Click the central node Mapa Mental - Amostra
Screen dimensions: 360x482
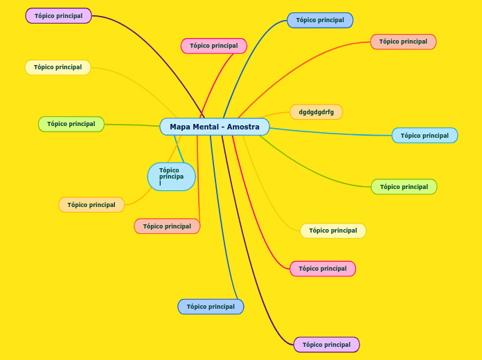click(214, 127)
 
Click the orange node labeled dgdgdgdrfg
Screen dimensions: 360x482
click(316, 111)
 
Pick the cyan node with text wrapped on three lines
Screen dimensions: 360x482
click(171, 177)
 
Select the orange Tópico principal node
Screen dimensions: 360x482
click(91, 204)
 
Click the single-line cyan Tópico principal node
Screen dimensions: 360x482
click(424, 135)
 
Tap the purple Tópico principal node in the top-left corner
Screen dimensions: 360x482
click(58, 15)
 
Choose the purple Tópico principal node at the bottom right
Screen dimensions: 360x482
click(326, 344)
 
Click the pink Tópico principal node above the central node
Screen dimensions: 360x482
click(213, 46)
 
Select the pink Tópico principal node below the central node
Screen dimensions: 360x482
click(322, 268)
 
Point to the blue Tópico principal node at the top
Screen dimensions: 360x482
click(319, 20)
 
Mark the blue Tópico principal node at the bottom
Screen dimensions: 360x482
click(211, 306)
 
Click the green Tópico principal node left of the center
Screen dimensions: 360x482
click(71, 124)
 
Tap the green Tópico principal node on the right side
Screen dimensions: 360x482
click(404, 186)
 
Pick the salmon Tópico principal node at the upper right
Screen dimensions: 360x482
click(402, 42)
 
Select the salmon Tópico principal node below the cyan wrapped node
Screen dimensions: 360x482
click(167, 226)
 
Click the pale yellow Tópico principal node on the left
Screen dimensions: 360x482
click(57, 67)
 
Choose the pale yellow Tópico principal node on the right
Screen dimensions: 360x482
click(332, 230)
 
